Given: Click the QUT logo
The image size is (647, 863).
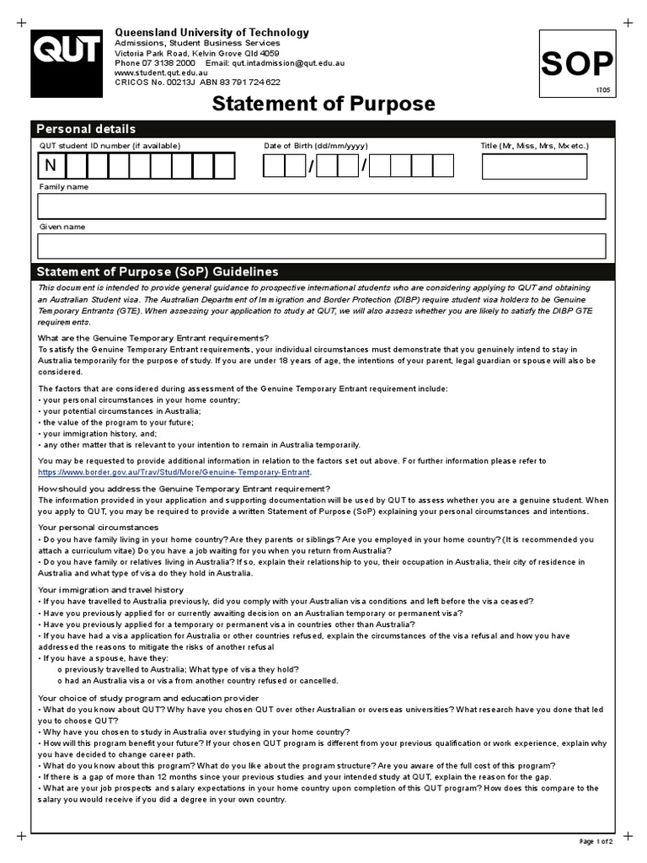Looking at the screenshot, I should pyautogui.click(x=67, y=58).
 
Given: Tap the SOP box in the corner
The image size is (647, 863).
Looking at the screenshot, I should pyautogui.click(x=577, y=64).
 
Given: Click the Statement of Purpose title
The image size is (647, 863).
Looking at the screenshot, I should pyautogui.click(x=323, y=105).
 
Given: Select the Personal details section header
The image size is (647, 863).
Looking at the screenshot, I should pyautogui.click(x=85, y=129).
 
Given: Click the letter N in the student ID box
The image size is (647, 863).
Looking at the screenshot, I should pyautogui.click(x=50, y=166).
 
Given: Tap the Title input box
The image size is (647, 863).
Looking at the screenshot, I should pyautogui.click(x=534, y=166).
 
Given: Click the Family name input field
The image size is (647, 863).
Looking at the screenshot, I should pyautogui.click(x=322, y=206).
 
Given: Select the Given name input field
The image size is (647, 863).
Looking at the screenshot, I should pyautogui.click(x=322, y=246).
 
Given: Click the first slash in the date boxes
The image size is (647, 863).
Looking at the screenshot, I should pyautogui.click(x=311, y=167).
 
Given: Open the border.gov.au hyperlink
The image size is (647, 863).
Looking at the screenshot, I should pyautogui.click(x=174, y=473).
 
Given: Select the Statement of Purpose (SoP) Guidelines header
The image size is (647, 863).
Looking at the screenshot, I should pyautogui.click(x=156, y=272).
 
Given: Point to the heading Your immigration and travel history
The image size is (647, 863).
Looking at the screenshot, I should pyautogui.click(x=111, y=590).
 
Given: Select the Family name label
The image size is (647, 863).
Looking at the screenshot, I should pyautogui.click(x=63, y=186).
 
